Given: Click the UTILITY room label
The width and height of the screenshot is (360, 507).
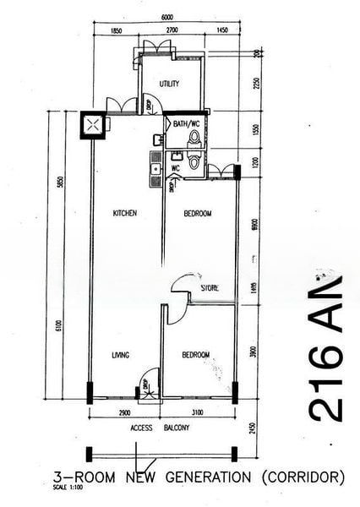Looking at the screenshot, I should click(171, 83).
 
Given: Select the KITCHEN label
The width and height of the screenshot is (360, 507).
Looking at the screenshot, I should click(125, 213).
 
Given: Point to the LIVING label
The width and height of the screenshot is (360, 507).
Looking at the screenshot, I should click(120, 355).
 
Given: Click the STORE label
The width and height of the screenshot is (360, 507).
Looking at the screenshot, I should click(210, 288).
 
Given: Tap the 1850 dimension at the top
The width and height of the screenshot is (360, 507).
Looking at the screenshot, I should click(116, 32).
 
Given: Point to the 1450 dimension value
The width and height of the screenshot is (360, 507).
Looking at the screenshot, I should click(222, 32).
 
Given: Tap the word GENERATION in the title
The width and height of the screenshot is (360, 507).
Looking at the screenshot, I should click(208, 477).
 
